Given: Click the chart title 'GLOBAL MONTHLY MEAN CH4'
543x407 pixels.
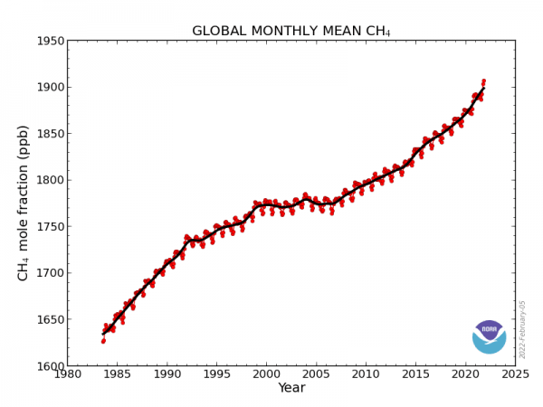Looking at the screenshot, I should tap(291, 32).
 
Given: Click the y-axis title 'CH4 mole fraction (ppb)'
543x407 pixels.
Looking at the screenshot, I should tap(24, 203).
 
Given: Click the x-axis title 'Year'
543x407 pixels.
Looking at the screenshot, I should tap(291, 388).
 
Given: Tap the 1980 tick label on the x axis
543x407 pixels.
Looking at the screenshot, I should tap(67, 374).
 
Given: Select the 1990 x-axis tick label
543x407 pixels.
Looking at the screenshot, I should tap(167, 374).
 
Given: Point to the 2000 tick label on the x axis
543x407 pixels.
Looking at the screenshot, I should tap(266, 374).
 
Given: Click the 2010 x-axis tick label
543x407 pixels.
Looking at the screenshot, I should tap(366, 374).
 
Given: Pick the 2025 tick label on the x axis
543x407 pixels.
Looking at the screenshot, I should tap(515, 374).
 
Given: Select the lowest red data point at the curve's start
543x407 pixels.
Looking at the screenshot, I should tap(103, 341).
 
